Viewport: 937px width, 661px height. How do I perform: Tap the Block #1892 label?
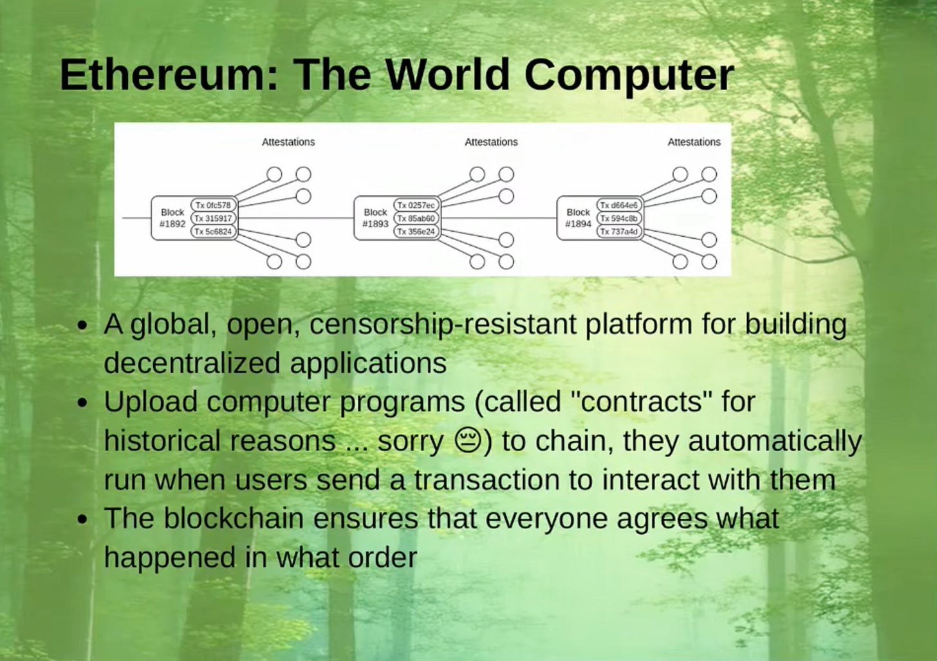point(172,218)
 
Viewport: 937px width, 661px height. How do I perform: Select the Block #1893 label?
point(375,218)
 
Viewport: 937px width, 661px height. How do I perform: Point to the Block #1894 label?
point(578,218)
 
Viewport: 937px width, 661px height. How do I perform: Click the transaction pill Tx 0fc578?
point(213,205)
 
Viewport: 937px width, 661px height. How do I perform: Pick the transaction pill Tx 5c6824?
point(213,231)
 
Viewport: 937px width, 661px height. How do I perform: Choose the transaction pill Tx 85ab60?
point(416,218)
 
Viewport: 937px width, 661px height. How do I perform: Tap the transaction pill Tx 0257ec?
point(416,205)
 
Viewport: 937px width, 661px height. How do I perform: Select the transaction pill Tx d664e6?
point(619,205)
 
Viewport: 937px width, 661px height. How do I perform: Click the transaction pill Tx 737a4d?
point(619,231)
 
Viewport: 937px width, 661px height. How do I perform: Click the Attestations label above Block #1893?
point(491,142)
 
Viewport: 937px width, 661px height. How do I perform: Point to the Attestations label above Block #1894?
point(694,142)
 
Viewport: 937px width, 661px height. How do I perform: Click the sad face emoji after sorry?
point(469,440)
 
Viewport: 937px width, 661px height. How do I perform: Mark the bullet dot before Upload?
point(82,404)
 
